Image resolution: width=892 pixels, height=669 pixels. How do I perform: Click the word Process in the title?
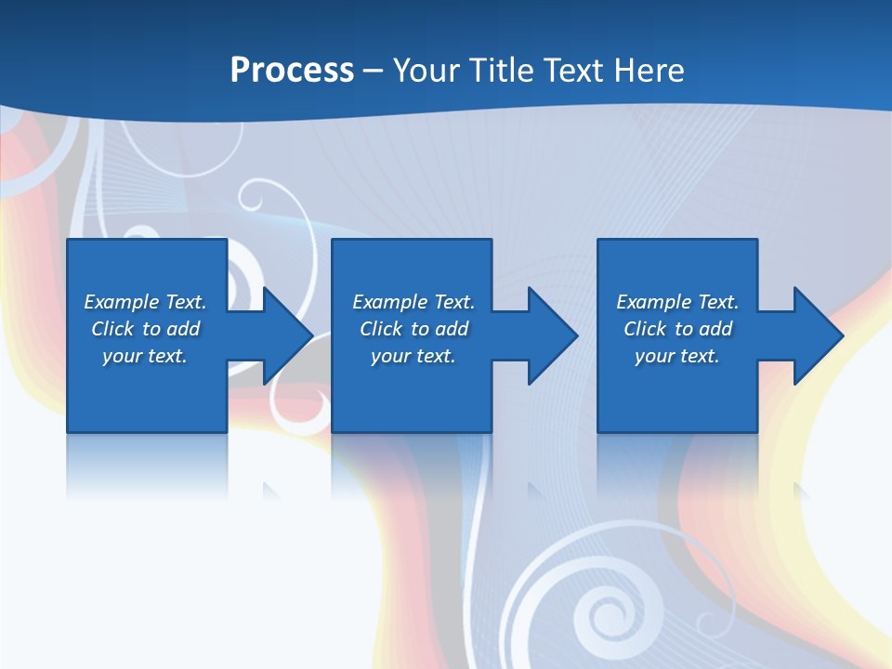[x=292, y=71]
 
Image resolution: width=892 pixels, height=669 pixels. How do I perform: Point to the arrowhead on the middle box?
[x=550, y=335]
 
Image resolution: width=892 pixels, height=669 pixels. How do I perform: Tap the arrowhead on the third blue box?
[x=816, y=335]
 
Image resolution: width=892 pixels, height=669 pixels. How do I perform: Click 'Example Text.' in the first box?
[x=145, y=302]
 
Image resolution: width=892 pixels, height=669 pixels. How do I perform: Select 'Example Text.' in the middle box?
[x=413, y=302]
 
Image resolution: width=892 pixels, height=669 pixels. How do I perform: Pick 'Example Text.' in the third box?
[x=677, y=302]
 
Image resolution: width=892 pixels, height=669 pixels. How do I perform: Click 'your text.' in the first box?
[x=145, y=356]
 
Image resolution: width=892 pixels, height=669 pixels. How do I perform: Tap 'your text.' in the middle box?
[x=413, y=356]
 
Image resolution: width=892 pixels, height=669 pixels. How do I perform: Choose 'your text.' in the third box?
[x=677, y=356]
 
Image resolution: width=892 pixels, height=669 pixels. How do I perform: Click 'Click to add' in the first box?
[x=145, y=329]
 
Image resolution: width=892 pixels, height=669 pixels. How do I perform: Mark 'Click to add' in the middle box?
[x=413, y=329]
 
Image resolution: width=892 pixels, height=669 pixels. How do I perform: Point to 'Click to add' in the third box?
[x=677, y=329]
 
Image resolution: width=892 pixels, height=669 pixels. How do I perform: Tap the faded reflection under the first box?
[x=147, y=465]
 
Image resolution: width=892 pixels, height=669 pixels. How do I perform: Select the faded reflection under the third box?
[x=677, y=465]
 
